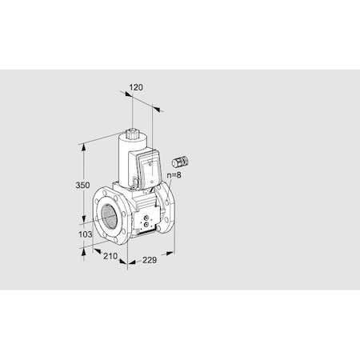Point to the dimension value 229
(x=144, y=262)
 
